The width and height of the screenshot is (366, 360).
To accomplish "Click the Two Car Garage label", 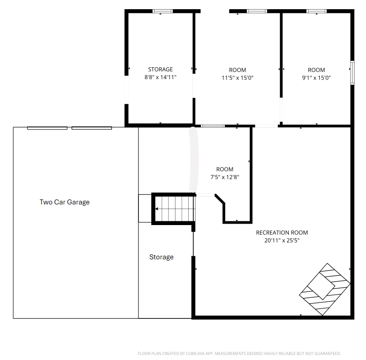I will tap(64, 202).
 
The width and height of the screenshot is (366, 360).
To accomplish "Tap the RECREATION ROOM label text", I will tap(281, 232).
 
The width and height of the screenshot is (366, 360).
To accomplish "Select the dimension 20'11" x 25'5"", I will tap(281, 240).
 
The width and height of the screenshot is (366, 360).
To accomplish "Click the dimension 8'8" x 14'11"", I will tap(160, 77).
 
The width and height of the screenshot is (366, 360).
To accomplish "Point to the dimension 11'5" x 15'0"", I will tap(238, 78).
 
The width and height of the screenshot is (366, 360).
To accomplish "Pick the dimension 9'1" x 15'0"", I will tap(316, 78).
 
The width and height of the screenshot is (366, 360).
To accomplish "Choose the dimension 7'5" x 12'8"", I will tap(224, 177).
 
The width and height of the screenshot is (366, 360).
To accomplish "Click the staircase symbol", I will tap(174, 209).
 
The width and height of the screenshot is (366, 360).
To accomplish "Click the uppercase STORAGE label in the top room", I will tap(160, 70).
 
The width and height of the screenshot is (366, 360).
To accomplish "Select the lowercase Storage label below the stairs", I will tap(161, 257).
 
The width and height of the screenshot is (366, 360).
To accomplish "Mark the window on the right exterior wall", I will tap(352, 73).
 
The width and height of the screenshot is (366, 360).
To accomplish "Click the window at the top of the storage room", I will tap(163, 11).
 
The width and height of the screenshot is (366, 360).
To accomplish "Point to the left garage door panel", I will tap(47, 128).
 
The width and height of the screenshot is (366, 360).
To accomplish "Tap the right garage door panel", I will tap(91, 128).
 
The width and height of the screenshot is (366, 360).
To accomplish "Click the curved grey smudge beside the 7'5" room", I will tap(193, 159).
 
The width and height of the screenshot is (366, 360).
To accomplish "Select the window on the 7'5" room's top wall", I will tap(213, 125).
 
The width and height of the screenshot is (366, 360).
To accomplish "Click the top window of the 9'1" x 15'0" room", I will tap(316, 11).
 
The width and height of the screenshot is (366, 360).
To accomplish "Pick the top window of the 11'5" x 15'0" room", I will tap(257, 11).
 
